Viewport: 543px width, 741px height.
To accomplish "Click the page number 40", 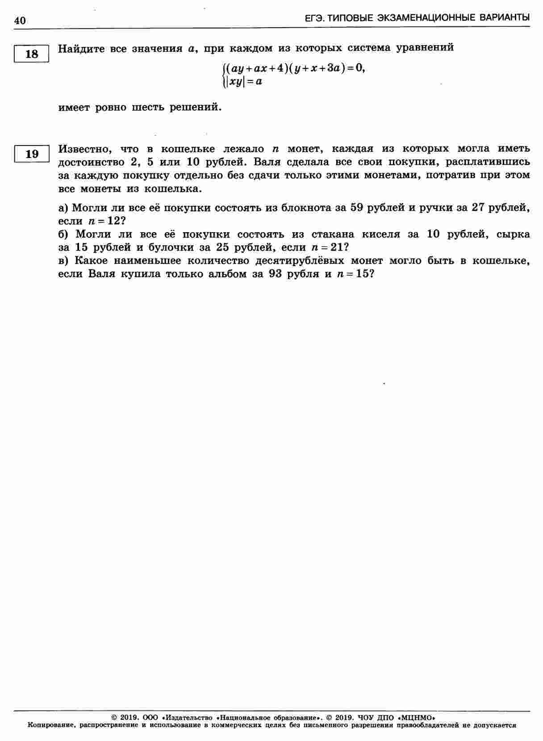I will [20, 21].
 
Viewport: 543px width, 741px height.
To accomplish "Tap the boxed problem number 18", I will [32, 54].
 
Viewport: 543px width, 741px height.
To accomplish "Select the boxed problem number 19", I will [32, 154].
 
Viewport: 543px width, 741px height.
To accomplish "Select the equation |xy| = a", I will [244, 82].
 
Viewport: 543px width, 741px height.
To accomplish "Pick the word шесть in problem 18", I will [149, 108].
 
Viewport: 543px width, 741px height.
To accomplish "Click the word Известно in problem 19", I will [83, 149].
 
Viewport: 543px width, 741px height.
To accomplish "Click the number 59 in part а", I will [357, 208].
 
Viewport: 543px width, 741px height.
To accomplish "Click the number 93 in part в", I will [277, 274].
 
